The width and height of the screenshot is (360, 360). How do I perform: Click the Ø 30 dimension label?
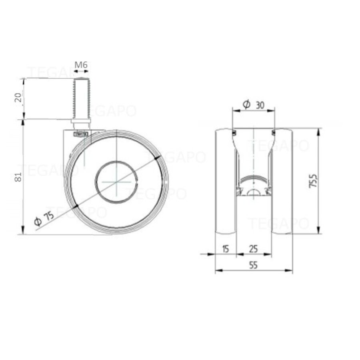point(254,105)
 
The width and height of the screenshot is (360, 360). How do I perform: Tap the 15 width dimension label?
point(225,249)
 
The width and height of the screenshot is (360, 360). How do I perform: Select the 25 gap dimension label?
point(253,249)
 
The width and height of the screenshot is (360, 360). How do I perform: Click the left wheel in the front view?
point(225,181)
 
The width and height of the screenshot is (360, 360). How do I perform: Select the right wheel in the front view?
point(282,181)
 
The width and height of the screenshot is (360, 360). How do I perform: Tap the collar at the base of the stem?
point(81,122)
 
